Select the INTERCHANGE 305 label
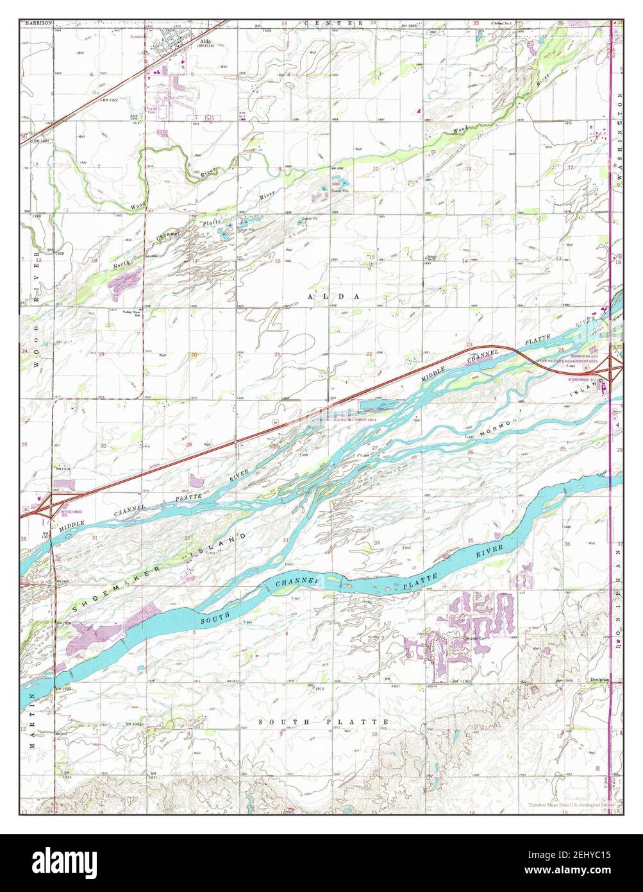[x=72, y=513]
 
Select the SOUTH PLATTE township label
[x=324, y=722]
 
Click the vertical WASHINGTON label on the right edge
[x=620, y=141]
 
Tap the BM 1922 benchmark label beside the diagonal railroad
[x=110, y=101]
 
